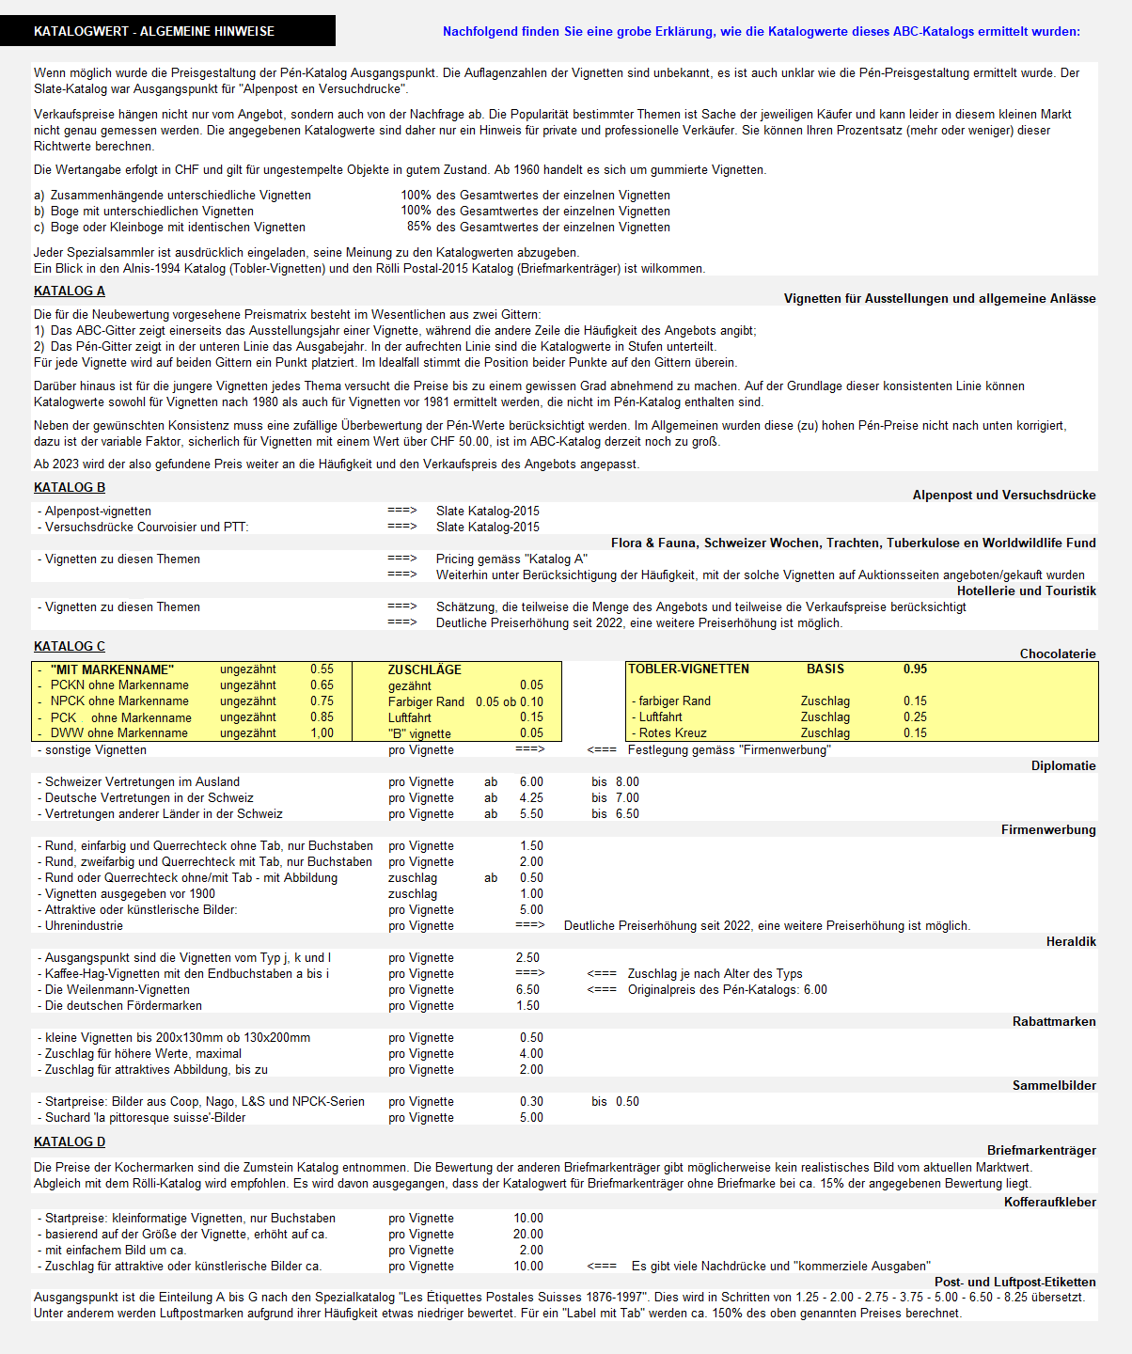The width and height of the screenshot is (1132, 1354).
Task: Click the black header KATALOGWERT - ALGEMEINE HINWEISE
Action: coord(154,31)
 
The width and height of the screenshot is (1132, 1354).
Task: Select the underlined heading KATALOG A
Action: coord(70,291)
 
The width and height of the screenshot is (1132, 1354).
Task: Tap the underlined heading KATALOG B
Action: coord(70,488)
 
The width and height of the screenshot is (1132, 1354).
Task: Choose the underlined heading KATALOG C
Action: coord(70,647)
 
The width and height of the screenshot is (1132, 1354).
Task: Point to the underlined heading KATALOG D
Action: coord(70,1142)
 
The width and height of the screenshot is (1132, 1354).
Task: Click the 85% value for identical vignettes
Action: coord(418,228)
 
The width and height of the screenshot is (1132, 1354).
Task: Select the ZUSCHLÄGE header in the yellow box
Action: coord(425,670)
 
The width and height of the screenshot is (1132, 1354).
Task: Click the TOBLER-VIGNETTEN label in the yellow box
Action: coord(688,669)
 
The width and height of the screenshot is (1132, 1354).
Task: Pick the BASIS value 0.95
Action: coord(915,669)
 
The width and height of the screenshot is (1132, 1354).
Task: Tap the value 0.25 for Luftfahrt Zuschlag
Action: coord(915,717)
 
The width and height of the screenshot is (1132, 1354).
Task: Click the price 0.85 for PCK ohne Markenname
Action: coord(322,717)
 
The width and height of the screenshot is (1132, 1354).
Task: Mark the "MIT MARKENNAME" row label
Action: coord(112,670)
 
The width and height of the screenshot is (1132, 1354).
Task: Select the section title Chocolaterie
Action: coord(1058,654)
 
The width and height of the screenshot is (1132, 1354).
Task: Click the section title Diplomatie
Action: coord(1063,766)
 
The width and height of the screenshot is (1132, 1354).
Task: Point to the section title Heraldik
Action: coord(1071,942)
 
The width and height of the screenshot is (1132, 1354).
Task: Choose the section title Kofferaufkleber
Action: coord(1049,1203)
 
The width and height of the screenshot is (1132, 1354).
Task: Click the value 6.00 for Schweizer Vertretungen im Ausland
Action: coord(531,782)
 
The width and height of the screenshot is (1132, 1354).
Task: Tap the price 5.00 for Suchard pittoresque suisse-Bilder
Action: coord(531,1118)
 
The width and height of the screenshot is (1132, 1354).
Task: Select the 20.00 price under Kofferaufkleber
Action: coord(527,1235)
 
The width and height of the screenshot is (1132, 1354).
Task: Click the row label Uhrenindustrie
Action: coord(84,926)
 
